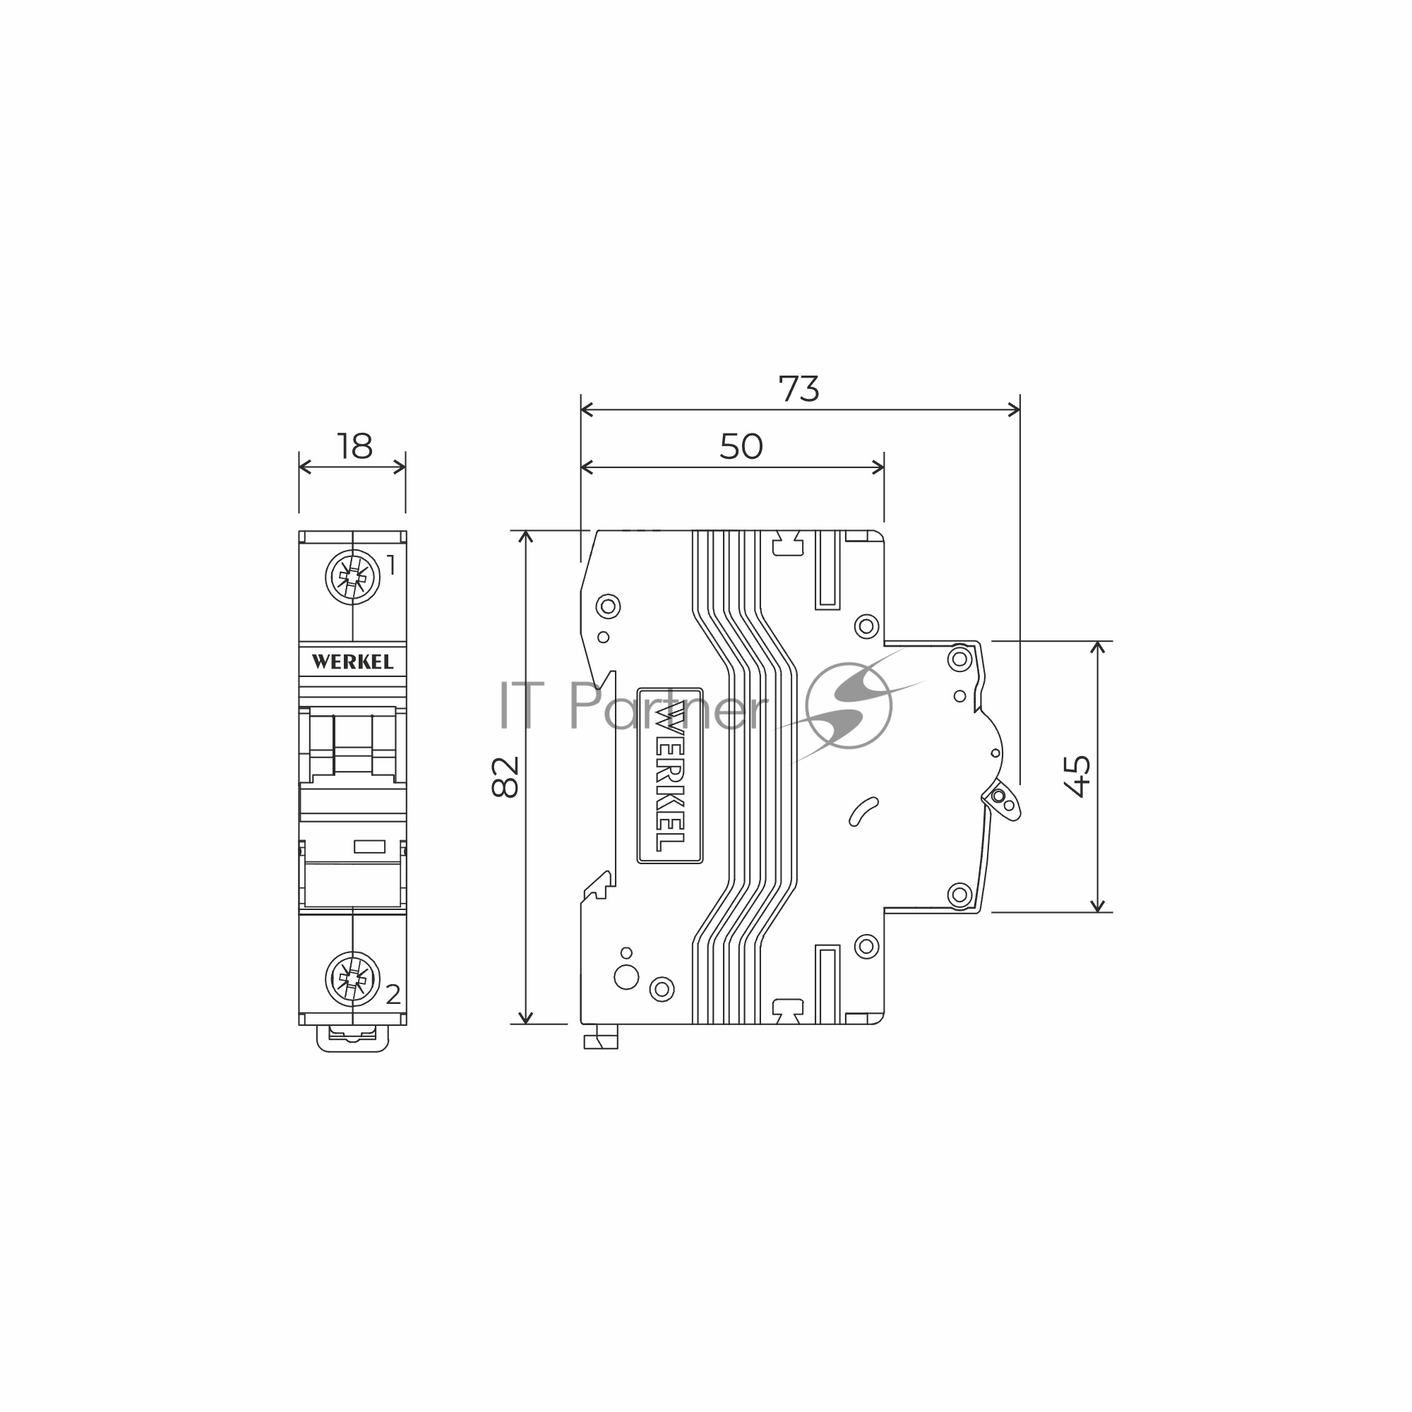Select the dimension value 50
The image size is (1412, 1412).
click(741, 447)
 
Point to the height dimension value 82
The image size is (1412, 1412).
click(505, 776)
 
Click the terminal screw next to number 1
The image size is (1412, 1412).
click(353, 578)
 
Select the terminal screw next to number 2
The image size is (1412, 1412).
click(353, 979)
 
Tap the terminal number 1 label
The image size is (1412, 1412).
click(391, 565)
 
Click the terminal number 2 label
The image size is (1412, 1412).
click(393, 994)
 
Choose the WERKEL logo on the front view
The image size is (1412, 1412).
click(353, 662)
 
